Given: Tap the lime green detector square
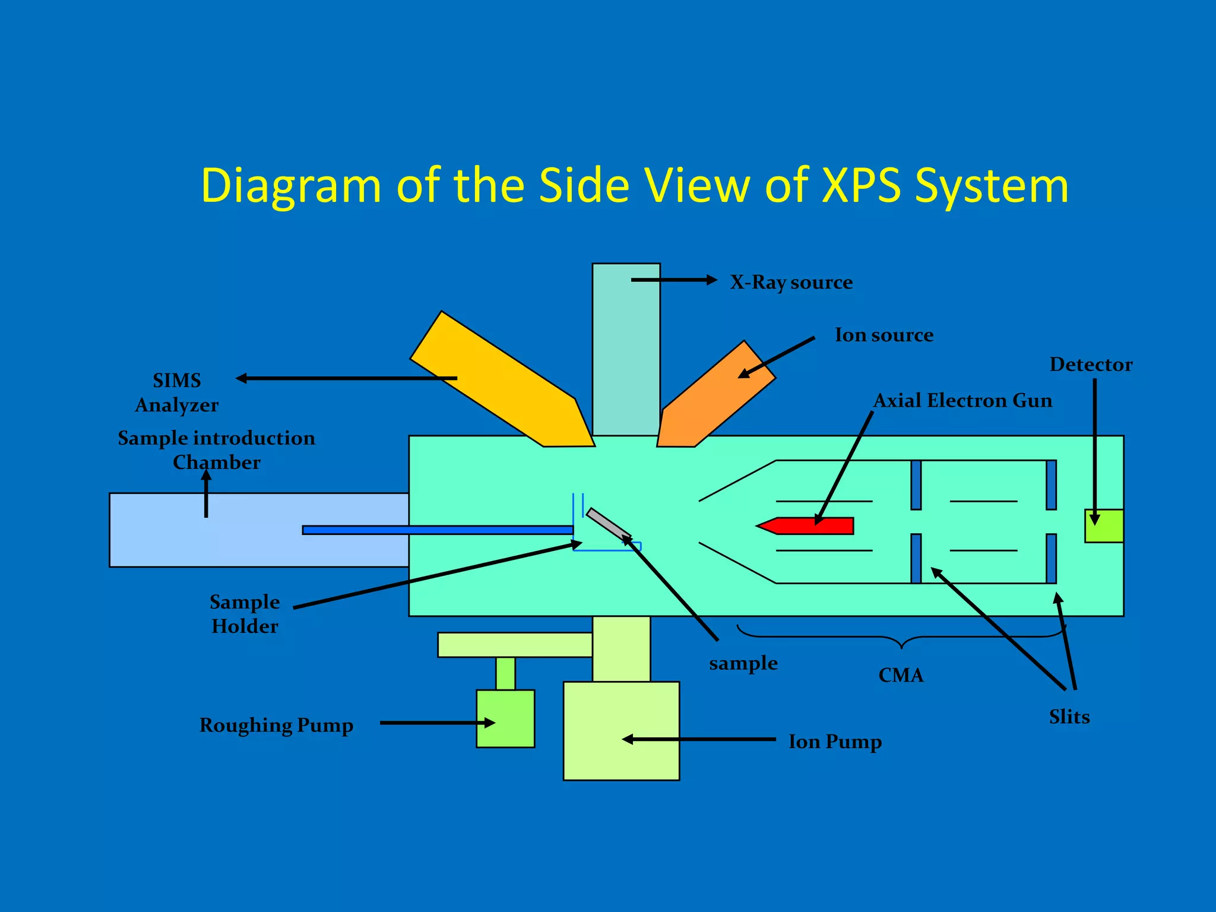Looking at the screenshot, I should coord(1103,526).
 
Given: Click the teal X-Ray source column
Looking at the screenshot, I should coord(626,350).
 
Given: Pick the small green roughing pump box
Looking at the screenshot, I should coord(505,718).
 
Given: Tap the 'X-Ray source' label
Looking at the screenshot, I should coord(791,282).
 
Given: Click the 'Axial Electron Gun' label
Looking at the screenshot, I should coord(962,401).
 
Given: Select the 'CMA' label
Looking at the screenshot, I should coord(901,676).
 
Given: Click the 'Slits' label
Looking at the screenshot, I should coord(1069,717).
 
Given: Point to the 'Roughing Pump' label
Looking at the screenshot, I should coord(276,726).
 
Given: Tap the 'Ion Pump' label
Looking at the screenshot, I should coord(835,742).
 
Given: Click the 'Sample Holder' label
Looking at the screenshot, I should coord(245,614).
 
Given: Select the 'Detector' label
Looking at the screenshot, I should coord(1091,365).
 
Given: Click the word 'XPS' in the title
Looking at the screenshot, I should coord(861,185).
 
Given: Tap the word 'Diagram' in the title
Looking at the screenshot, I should coord(291,186).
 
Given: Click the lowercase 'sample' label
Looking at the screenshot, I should coord(743,663).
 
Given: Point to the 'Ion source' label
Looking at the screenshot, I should coord(884,335).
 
